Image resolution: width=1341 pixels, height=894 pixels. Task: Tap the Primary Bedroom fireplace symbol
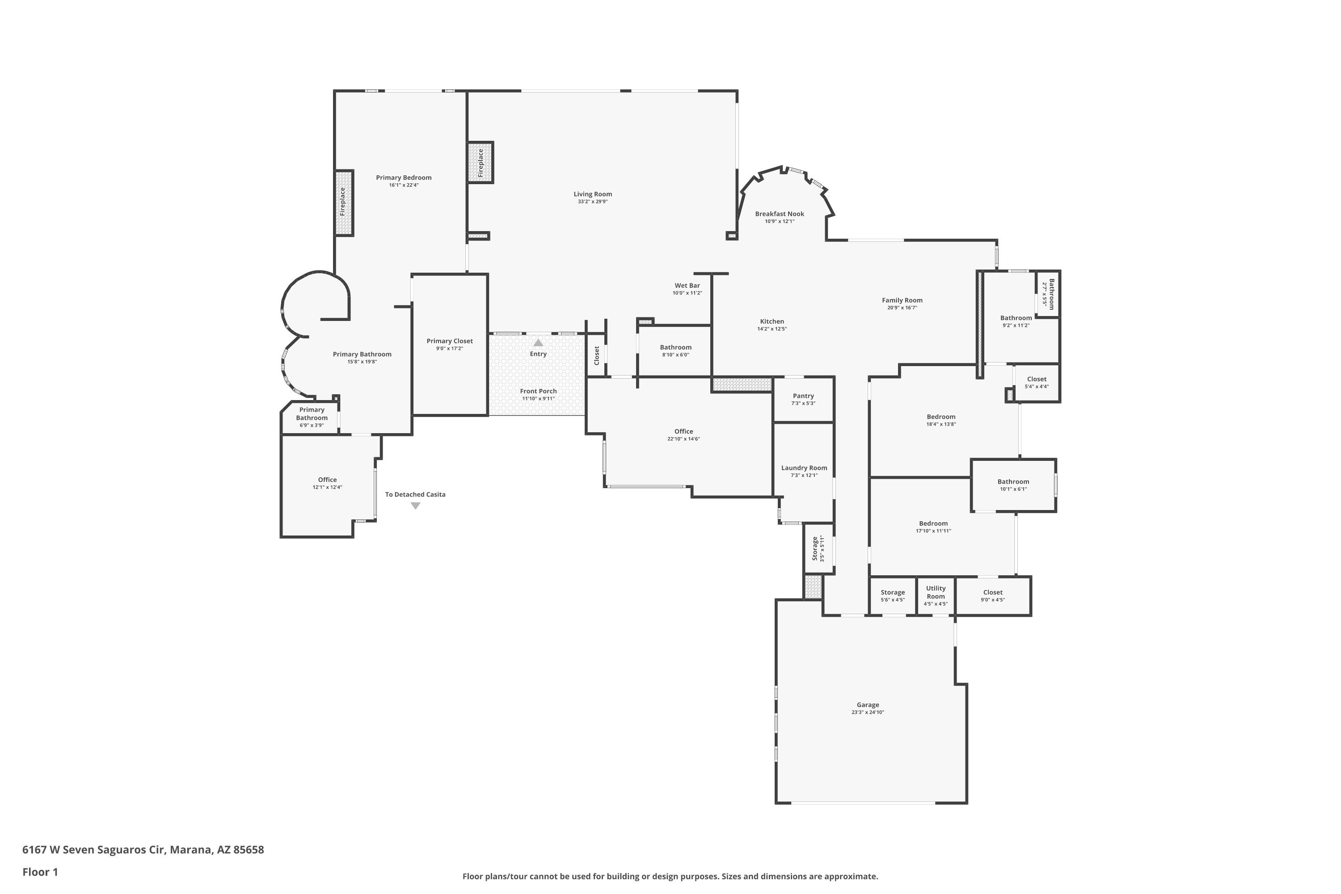[x=344, y=203]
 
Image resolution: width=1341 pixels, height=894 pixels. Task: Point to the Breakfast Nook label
[x=780, y=214]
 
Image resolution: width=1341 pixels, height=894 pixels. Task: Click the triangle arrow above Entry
[x=538, y=343]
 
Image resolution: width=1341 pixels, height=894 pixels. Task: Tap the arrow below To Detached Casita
[x=416, y=506]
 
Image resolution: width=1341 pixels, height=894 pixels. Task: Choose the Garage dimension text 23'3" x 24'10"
[x=868, y=712]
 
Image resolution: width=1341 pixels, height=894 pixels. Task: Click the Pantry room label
[x=803, y=396]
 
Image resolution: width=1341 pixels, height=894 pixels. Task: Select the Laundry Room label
[x=804, y=468]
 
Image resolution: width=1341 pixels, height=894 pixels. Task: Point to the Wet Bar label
[x=687, y=286]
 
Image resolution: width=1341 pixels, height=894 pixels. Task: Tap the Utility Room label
[x=936, y=592]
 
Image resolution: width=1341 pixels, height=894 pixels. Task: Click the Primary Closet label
[x=450, y=341]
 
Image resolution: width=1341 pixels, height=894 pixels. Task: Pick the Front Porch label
[x=538, y=391]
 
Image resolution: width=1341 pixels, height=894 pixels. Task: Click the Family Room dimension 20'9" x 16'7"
[x=902, y=308]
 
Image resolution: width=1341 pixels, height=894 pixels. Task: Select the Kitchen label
[x=772, y=321]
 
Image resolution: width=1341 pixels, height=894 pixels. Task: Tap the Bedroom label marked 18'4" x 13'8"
[x=941, y=417]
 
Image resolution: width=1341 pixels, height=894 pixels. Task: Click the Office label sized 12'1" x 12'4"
[x=327, y=480]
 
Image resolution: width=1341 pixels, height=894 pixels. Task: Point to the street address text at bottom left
[x=143, y=850]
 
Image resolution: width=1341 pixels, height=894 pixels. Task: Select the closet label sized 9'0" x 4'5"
[x=993, y=592]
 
